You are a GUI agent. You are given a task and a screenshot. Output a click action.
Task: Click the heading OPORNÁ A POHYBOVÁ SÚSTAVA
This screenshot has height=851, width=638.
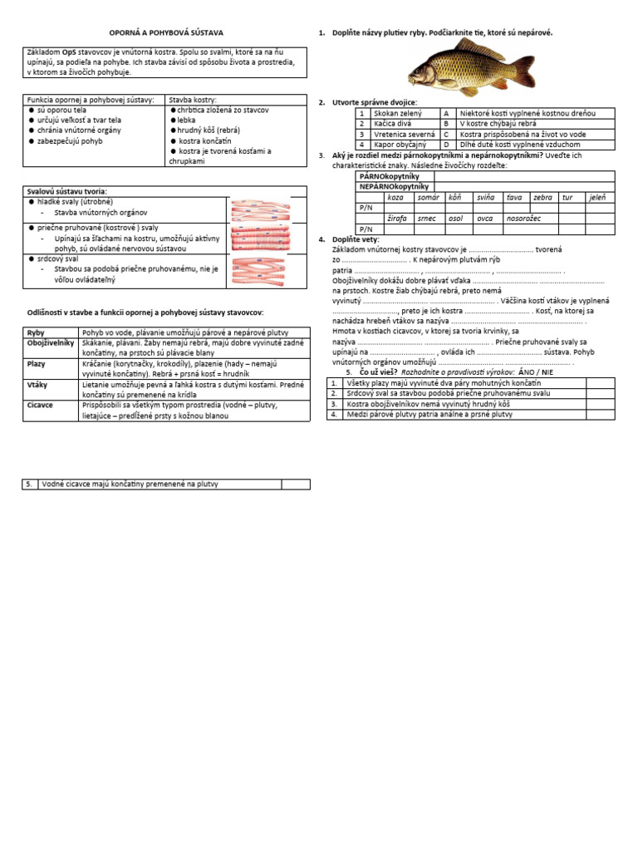pos(166,32)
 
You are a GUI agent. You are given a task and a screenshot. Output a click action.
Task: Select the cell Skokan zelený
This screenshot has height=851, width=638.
pos(398,112)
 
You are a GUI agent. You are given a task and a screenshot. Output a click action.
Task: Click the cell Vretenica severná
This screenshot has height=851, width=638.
pos(405,134)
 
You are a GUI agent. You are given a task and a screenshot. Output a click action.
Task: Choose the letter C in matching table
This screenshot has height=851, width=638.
pos(447,134)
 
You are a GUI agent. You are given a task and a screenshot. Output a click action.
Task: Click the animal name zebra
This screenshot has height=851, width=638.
pos(542,197)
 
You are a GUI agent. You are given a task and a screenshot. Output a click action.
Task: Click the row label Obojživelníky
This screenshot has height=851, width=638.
pos(51,342)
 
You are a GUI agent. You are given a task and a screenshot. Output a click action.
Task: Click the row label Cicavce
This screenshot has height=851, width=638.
pos(42,406)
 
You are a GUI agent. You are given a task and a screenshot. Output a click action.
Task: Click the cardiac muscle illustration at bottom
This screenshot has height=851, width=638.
pos(260,271)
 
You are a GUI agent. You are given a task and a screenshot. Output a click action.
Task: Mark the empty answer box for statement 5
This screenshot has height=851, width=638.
pos(295,485)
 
